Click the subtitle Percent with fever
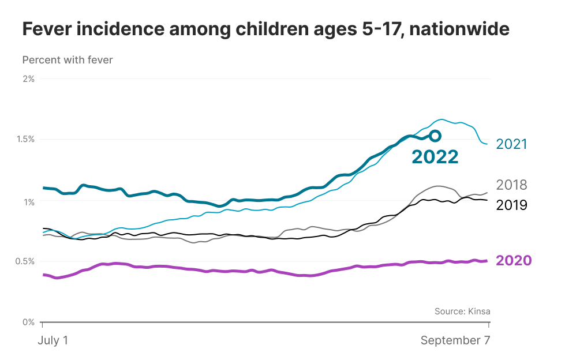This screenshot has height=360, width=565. coord(68,59)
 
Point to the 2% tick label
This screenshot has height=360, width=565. coord(28,78)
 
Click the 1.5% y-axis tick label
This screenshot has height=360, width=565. coord(25,139)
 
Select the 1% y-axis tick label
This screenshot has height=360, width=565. coord(28,201)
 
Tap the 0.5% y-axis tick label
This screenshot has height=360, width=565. coord(25,261)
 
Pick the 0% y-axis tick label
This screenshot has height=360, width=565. coord(28,322)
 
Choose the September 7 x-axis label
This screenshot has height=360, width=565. coord(455,340)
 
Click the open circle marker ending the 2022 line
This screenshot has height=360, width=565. coord(435,136)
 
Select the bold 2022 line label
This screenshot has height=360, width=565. coord(435,156)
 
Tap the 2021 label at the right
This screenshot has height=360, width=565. coord(512,144)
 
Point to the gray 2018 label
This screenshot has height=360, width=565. coord(512,185)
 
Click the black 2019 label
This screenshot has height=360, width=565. coord(512,205)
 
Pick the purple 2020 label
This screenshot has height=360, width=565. coord(514,261)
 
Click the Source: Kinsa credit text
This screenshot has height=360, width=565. coord(462,312)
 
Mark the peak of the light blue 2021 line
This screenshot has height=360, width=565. coord(441,119)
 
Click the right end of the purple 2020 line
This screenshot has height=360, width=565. coord(487,261)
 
